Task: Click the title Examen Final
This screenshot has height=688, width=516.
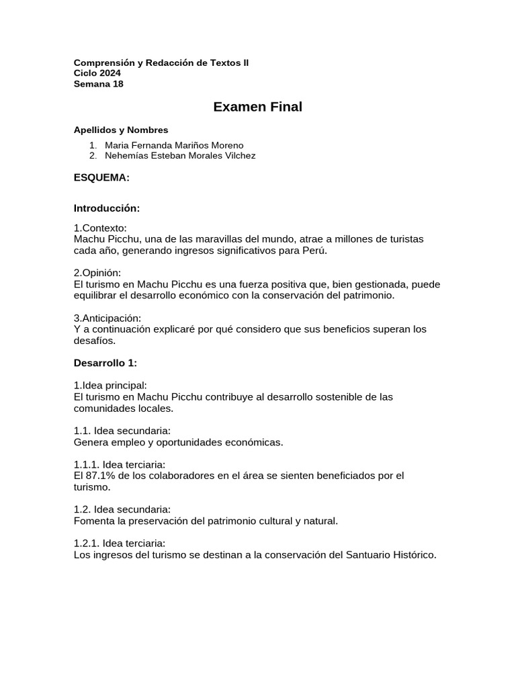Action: tap(257, 107)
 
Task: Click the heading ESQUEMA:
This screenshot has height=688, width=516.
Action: tap(101, 177)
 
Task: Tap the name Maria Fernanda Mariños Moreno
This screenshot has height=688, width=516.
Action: tap(174, 145)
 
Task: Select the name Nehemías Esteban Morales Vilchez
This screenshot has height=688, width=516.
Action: tap(180, 156)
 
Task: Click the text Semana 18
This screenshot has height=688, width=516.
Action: tap(99, 84)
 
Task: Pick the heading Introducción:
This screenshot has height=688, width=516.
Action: tap(107, 208)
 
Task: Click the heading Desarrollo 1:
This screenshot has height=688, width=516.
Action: tap(105, 363)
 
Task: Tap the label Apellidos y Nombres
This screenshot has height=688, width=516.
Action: tap(121, 130)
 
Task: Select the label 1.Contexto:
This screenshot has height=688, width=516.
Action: tap(100, 228)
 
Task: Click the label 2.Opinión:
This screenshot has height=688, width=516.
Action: tap(97, 273)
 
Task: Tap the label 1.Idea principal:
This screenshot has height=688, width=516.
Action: tap(110, 386)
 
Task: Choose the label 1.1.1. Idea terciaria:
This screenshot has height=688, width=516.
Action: tap(120, 465)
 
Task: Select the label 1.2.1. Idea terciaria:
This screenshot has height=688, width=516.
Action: tap(120, 544)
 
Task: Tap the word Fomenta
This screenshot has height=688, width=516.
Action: tap(93, 521)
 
